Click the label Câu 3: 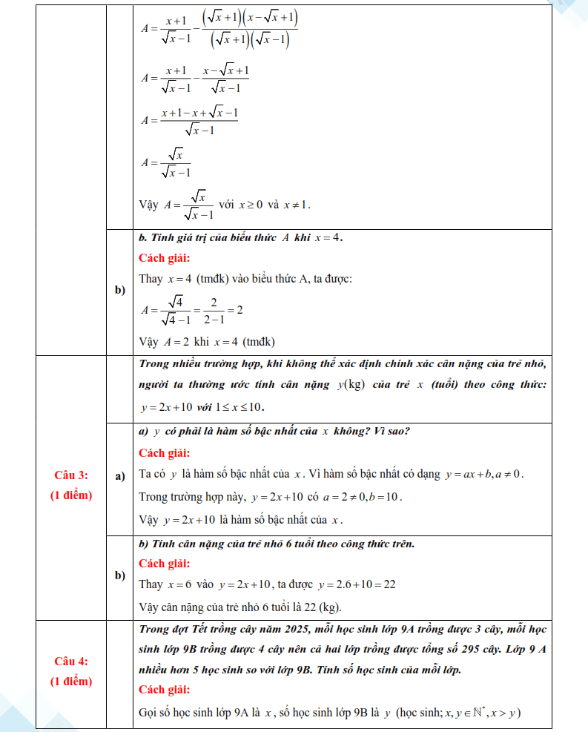71,475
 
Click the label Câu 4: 71,660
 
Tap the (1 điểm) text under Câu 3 71,495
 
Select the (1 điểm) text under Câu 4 71,680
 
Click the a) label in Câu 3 120,475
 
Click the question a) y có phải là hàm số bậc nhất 274,432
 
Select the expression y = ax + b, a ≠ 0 483,474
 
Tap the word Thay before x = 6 151,584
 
